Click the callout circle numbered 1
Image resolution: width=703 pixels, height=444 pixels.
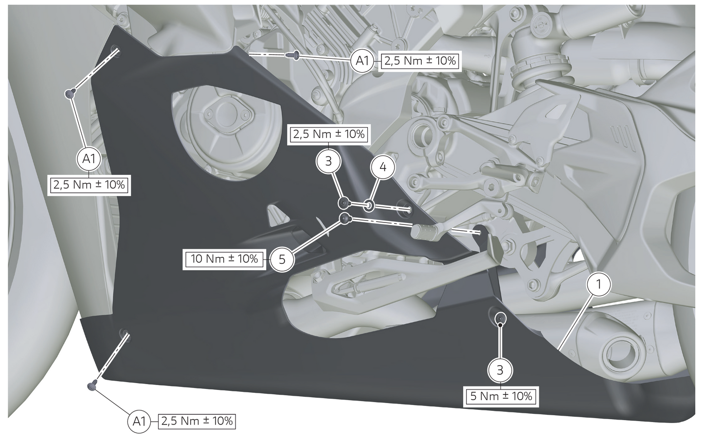pos(598,284)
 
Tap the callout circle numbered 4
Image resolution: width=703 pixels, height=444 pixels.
pos(383,167)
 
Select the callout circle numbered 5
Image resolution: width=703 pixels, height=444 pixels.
pos(282,259)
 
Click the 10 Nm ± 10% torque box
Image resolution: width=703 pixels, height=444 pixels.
pos(224,259)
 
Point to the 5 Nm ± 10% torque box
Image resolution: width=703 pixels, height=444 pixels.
pos(501,396)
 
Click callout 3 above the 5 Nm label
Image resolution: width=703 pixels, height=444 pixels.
pos(500,370)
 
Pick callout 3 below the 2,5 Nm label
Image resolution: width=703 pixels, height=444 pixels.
pos(328,162)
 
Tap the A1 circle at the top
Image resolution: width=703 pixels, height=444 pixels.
pos(362,60)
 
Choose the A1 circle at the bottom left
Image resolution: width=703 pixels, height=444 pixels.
pos(139,422)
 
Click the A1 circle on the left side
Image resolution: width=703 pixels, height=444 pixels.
pos(89,159)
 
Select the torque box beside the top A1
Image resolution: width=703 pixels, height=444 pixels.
pos(420,61)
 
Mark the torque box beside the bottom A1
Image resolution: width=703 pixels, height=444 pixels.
pos(197,421)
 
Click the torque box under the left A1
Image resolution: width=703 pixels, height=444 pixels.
pos(89,185)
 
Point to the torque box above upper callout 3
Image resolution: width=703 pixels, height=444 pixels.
pos(328,134)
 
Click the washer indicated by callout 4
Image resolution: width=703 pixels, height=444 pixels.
pos(368,205)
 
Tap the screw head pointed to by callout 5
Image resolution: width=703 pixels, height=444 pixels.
pos(344,219)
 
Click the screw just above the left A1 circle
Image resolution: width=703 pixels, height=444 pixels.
pos(70,93)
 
